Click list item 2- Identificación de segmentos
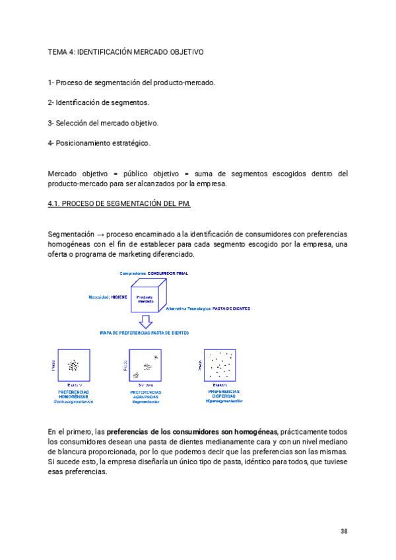[98, 102]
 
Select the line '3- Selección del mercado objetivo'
[103, 123]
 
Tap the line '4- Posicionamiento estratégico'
[99, 143]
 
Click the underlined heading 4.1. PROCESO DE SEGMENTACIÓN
[119, 203]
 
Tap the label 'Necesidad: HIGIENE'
[108, 297]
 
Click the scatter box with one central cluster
[73, 365]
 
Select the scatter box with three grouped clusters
[146, 365]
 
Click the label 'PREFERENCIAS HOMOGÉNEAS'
[74, 394]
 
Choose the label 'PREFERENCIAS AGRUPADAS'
[146, 394]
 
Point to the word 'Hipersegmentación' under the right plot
[224, 401]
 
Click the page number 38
[344, 532]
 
